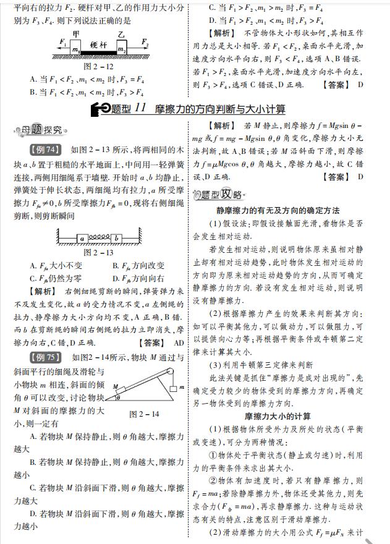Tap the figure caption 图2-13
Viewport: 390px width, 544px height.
(x=98, y=252)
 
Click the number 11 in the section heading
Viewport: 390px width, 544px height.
(x=140, y=109)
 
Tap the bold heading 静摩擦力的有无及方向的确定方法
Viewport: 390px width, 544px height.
(x=286, y=210)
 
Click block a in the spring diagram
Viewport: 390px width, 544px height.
(x=82, y=237)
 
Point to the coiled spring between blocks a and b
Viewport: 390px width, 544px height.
(x=99, y=237)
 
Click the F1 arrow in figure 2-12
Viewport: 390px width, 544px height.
(x=62, y=45)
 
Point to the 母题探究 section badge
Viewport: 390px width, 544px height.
(x=41, y=130)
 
